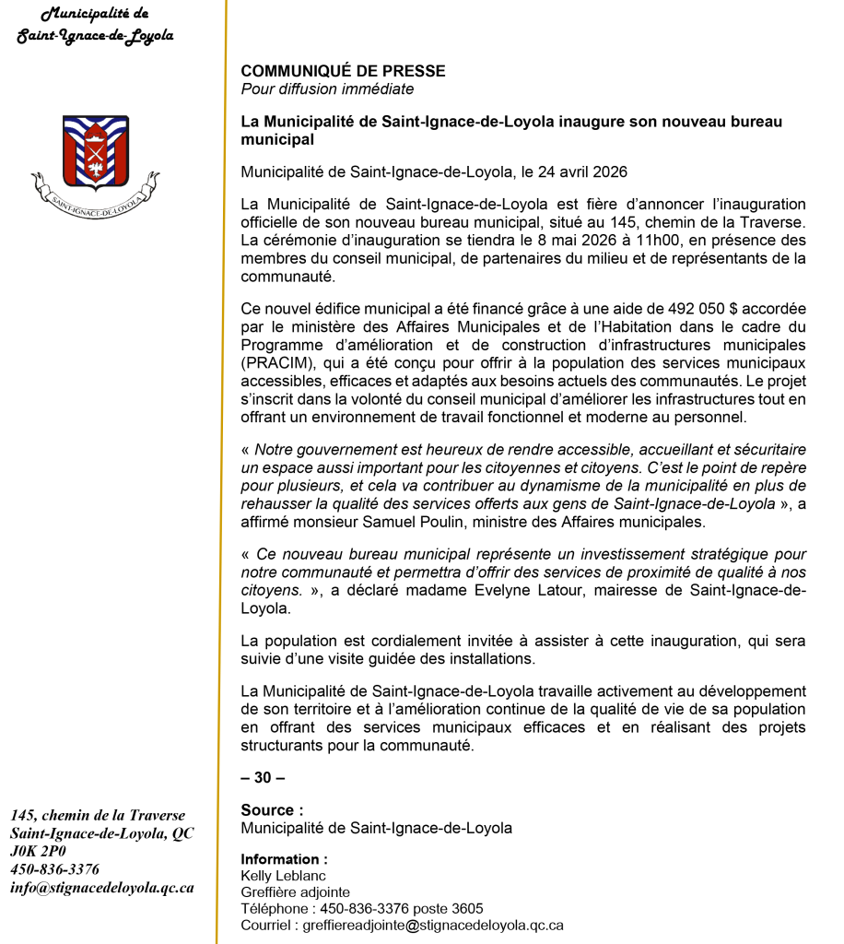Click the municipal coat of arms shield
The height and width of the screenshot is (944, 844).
(95, 151)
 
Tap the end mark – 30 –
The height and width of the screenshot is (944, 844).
(263, 777)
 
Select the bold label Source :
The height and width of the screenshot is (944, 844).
(272, 810)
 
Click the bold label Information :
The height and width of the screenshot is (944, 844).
(284, 859)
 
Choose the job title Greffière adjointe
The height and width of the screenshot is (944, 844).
(295, 891)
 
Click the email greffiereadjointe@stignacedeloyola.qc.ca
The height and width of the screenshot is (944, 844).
(434, 925)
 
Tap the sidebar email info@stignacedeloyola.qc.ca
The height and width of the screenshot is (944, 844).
(102, 888)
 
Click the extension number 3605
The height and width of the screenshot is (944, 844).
(466, 908)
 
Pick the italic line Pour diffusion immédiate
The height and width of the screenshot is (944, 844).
(327, 89)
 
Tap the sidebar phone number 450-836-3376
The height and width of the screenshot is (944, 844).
(54, 869)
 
